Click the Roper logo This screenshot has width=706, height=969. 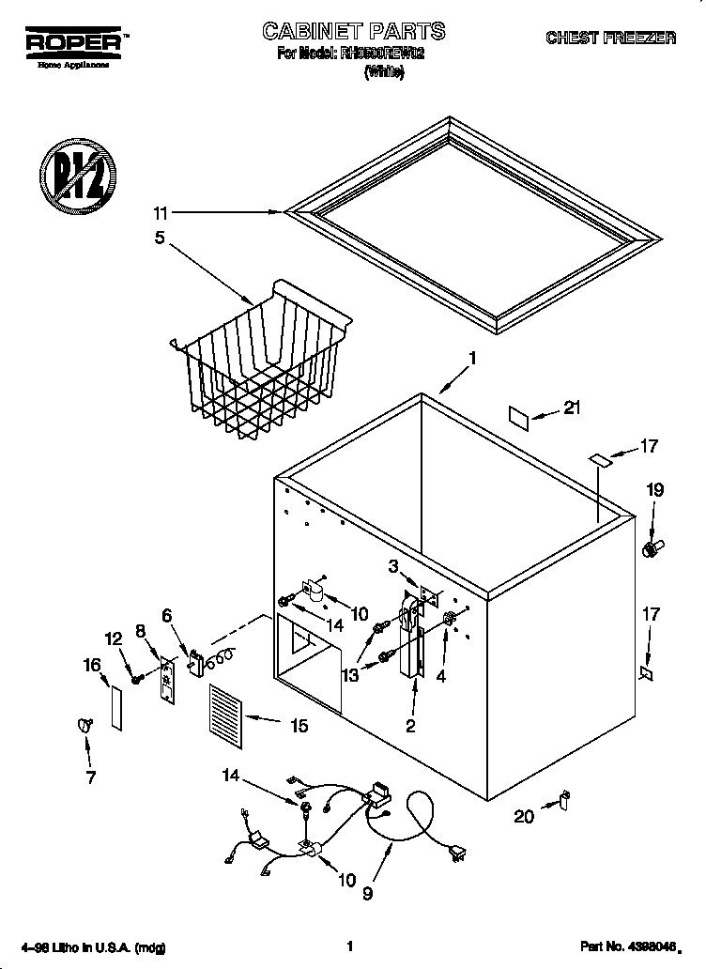pos(72,44)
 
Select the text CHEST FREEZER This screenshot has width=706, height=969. pos(610,38)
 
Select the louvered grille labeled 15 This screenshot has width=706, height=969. pos(224,716)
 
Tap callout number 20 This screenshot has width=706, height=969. pos(524,816)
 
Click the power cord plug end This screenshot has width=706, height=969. pos(458,852)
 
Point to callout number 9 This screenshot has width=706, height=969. pos(367,893)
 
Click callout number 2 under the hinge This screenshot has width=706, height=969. pos(409,724)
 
